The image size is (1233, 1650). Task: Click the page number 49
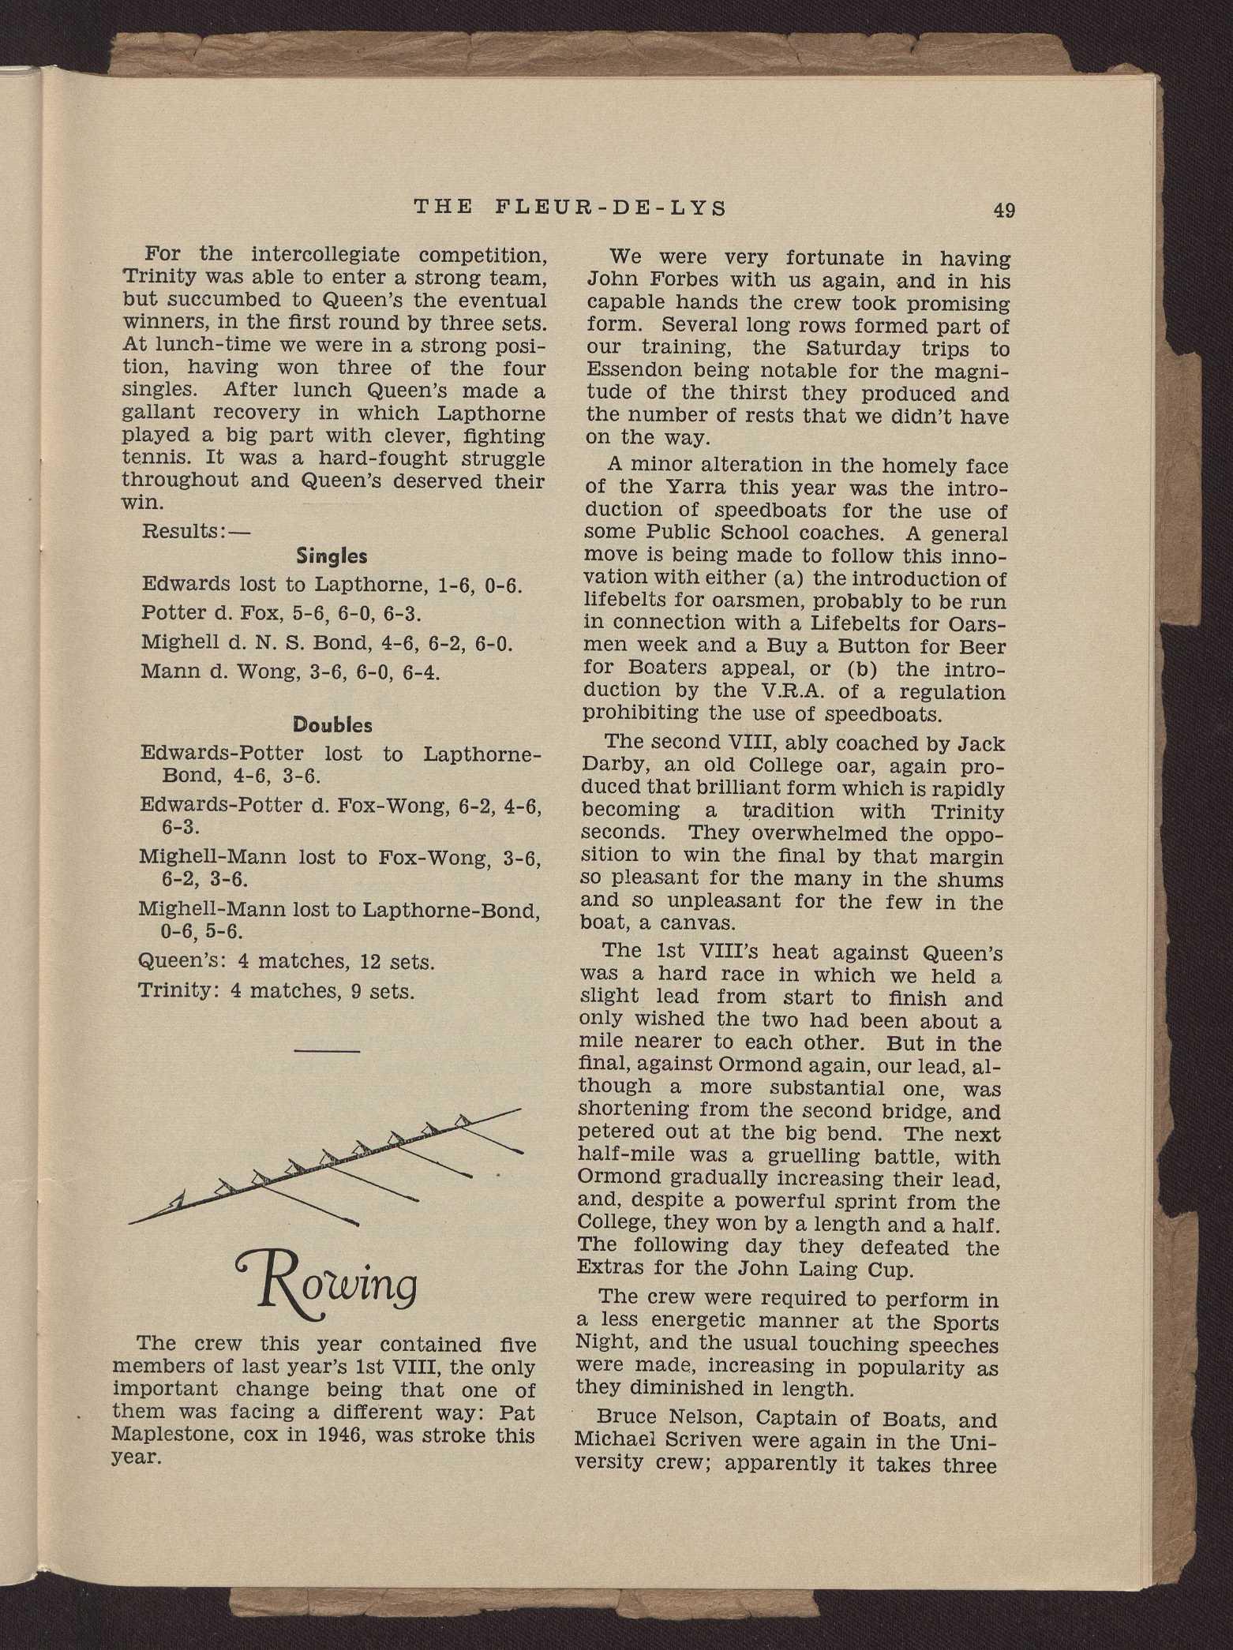pyautogui.click(x=1004, y=210)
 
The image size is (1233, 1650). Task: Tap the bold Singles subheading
pyautogui.click(x=332, y=556)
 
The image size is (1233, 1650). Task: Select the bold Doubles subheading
pyautogui.click(x=332, y=724)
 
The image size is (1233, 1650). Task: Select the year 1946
pyautogui.click(x=332, y=1435)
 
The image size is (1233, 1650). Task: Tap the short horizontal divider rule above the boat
pyautogui.click(x=327, y=1049)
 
